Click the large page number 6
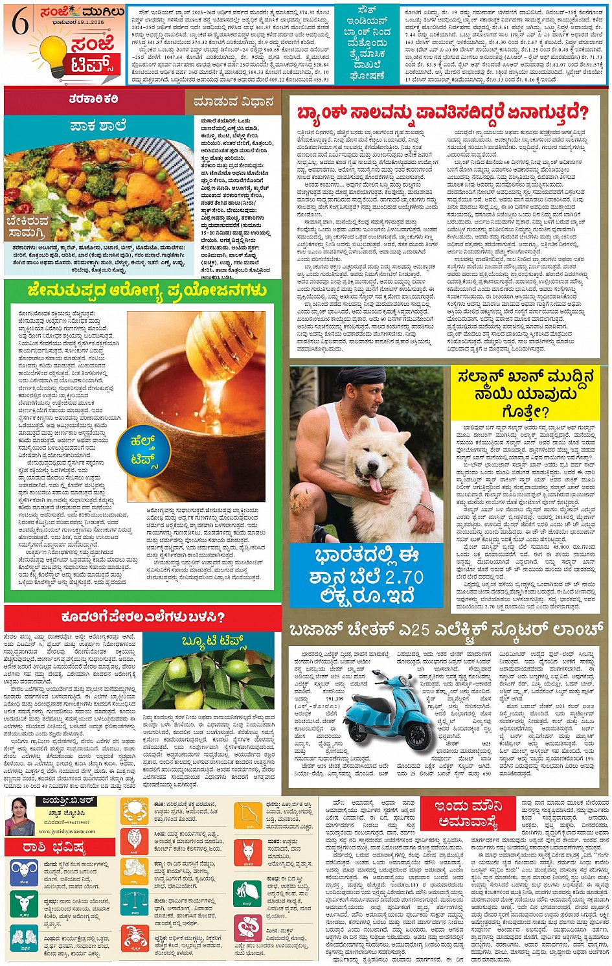tap(20, 25)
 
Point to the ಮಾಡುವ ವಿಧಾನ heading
tap(232, 102)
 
